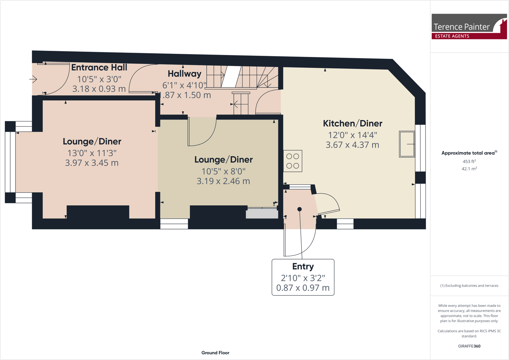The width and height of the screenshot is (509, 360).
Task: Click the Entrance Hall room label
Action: pyautogui.click(x=99, y=68)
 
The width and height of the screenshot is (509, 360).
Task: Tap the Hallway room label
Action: pyautogui.click(x=184, y=74)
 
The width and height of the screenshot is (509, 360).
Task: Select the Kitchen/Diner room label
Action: pyautogui.click(x=352, y=123)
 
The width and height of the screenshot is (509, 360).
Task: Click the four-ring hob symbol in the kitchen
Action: pyautogui.click(x=292, y=161)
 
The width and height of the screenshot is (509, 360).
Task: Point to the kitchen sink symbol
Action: pyautogui.click(x=407, y=144)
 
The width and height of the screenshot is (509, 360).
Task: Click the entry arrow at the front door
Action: pyautogui.click(x=33, y=79)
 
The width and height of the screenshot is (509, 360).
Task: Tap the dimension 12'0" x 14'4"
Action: pyautogui.click(x=352, y=135)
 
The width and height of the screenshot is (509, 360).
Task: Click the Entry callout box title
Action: pyautogui.click(x=303, y=266)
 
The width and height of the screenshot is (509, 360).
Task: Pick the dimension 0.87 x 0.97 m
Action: pyautogui.click(x=303, y=288)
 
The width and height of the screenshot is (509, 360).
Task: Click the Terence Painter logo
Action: pyautogui.click(x=469, y=26)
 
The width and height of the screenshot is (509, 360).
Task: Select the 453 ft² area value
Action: pyautogui.click(x=469, y=161)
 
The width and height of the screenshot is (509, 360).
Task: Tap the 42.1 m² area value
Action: pyautogui.click(x=469, y=169)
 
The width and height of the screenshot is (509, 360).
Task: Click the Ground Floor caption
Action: pyautogui.click(x=215, y=352)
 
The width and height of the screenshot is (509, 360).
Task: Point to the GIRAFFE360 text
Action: pyautogui.click(x=469, y=346)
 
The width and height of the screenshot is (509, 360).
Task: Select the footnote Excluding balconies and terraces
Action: pyautogui.click(x=469, y=286)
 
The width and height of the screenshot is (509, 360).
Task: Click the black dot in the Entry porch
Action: pyautogui.click(x=299, y=209)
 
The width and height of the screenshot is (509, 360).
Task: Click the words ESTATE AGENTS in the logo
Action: pyautogui.click(x=452, y=36)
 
